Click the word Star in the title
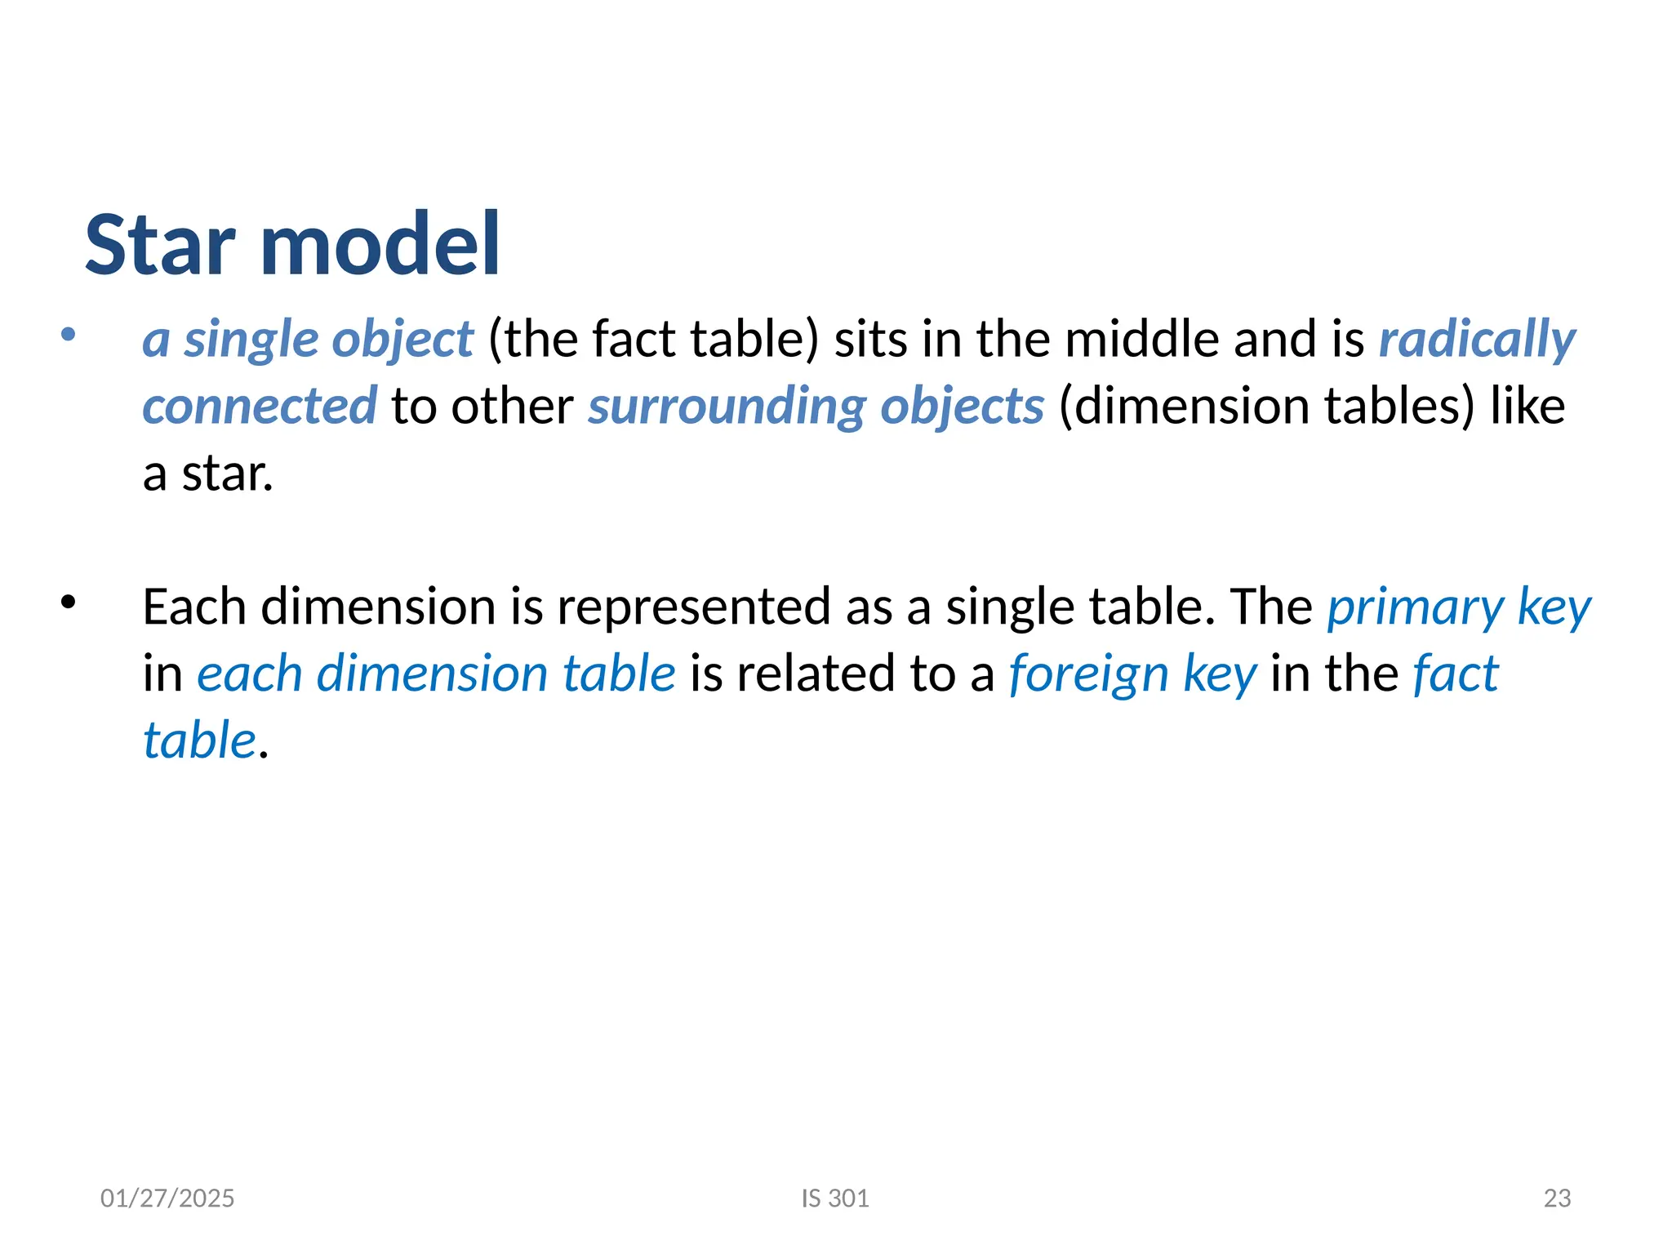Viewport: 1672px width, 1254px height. (160, 244)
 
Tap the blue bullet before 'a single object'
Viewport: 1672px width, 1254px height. (68, 334)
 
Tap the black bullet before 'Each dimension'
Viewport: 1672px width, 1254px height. (68, 603)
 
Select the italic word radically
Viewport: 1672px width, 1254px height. (1477, 340)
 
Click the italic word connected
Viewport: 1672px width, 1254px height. (260, 406)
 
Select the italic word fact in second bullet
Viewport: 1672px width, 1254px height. (1455, 674)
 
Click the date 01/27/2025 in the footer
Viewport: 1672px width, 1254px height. (167, 1198)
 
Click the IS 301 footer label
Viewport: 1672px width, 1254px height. (835, 1198)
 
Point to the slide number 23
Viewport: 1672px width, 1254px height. (1557, 1198)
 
